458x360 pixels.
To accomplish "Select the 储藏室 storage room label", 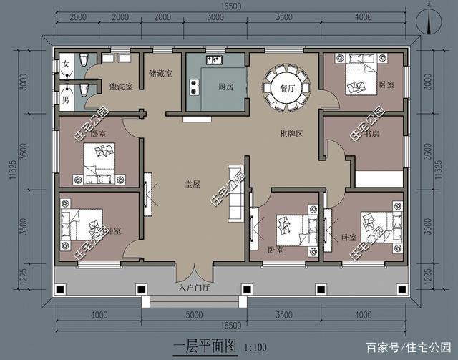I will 160,74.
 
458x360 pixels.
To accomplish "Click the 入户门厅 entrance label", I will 193,290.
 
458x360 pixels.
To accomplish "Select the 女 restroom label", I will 67,64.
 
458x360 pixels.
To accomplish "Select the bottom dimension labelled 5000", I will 195,314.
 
